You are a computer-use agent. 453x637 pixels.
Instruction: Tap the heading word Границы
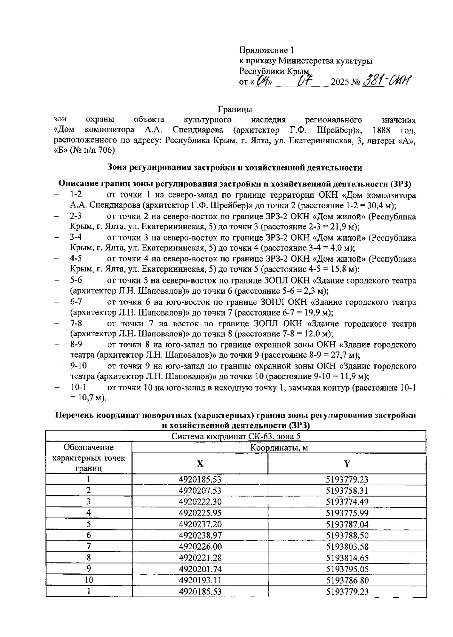click(x=235, y=110)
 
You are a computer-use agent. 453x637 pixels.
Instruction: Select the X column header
click(x=200, y=463)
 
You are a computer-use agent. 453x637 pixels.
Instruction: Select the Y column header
click(x=347, y=463)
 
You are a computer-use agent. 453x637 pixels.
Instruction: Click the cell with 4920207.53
click(x=200, y=491)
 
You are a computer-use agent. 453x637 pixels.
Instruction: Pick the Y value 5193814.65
click(x=347, y=558)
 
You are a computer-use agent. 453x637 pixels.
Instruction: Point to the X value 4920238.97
click(x=200, y=535)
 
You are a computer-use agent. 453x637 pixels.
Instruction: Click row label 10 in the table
click(x=89, y=580)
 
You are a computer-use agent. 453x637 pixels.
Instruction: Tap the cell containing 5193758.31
click(x=347, y=491)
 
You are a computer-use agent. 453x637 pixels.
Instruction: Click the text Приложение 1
click(x=266, y=50)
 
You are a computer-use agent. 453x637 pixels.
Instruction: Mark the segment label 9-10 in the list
click(x=78, y=366)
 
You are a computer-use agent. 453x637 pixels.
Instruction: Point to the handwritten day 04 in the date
click(x=261, y=81)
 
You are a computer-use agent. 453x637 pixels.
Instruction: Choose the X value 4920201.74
click(x=200, y=569)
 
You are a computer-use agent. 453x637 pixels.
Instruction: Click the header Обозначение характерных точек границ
click(x=89, y=458)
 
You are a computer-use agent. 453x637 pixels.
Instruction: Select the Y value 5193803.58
click(x=347, y=547)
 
